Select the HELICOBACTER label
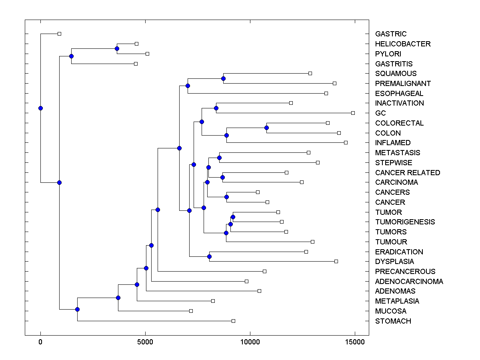click(403, 44)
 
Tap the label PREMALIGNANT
click(403, 84)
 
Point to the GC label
click(380, 113)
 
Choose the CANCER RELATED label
click(408, 173)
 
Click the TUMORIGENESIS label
click(405, 222)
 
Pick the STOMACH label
click(393, 321)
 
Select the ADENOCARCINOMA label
click(409, 282)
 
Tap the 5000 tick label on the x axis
click(145, 342)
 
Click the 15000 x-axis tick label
click(354, 342)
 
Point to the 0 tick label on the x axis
click(40, 342)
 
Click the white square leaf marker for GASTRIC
click(59, 34)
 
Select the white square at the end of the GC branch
click(353, 113)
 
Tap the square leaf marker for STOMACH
click(233, 321)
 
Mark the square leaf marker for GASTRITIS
click(136, 64)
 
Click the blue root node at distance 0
click(40, 108)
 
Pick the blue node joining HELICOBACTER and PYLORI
click(117, 49)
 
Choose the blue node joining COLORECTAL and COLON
click(266, 128)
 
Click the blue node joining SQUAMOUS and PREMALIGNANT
click(223, 78)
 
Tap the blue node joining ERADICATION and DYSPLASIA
click(209, 256)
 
